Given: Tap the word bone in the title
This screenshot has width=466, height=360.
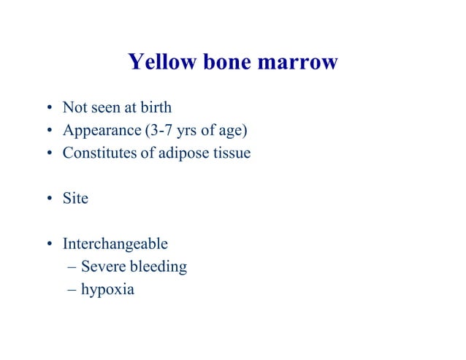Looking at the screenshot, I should pyautogui.click(x=222, y=62).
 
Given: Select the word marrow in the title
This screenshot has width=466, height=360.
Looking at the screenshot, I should pyautogui.click(x=297, y=62).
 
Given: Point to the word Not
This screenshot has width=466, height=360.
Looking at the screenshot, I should pyautogui.click(x=74, y=107).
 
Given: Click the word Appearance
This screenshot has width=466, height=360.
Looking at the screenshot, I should pyautogui.click(x=99, y=131).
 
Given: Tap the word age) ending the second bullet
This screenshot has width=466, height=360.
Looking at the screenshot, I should pyautogui.click(x=234, y=131).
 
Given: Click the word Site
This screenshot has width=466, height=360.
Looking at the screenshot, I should pyautogui.click(x=75, y=198).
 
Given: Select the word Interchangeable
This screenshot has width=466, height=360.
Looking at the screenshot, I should pyautogui.click(x=115, y=243).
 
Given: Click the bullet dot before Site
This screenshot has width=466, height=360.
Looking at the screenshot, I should pyautogui.click(x=48, y=199).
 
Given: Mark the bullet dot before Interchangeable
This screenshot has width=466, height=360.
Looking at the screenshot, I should pyautogui.click(x=48, y=244).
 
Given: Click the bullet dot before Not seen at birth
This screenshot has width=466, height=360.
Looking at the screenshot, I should pyautogui.click(x=48, y=108).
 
